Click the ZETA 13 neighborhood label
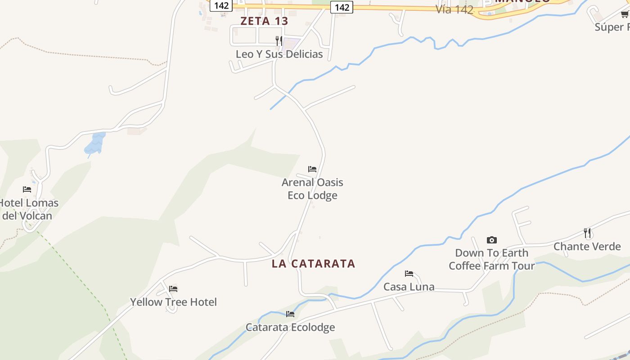pyautogui.click(x=264, y=21)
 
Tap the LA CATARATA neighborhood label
pyautogui.click(x=313, y=264)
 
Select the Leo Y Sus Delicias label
pyautogui.click(x=279, y=54)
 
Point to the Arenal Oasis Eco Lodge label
pyautogui.click(x=312, y=189)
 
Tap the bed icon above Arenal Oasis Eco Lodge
pyautogui.click(x=312, y=169)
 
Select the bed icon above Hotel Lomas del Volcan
pyautogui.click(x=27, y=189)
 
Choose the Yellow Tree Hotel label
pyautogui.click(x=173, y=302)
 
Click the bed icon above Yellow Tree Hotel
pyautogui.click(x=173, y=289)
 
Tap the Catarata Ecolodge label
pyautogui.click(x=290, y=327)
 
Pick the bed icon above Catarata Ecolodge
pyautogui.click(x=290, y=314)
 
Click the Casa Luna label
pyautogui.click(x=409, y=287)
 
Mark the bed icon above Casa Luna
pyautogui.click(x=409, y=274)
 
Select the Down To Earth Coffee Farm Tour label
pyautogui.click(x=491, y=259)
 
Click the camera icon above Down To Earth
pyautogui.click(x=492, y=240)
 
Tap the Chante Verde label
pyautogui.click(x=587, y=247)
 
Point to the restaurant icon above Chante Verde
pyautogui.click(x=587, y=233)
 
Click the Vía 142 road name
pyautogui.click(x=454, y=10)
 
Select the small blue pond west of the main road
pyautogui.click(x=95, y=144)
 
